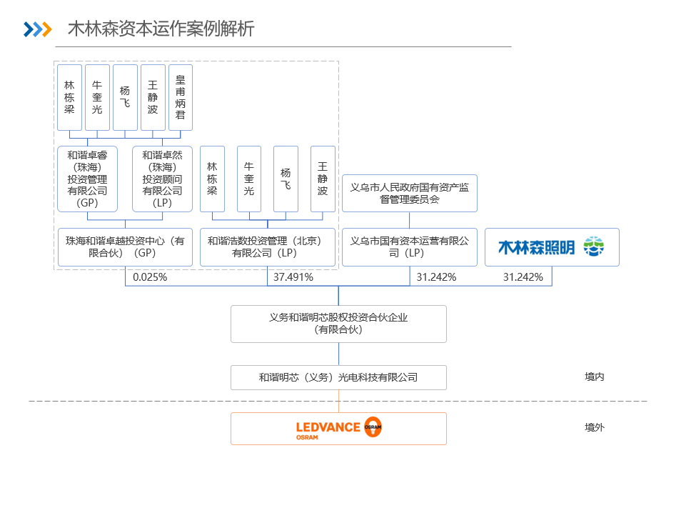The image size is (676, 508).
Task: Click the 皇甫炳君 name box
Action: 180,98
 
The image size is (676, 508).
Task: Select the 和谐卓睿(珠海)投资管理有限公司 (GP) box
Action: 88,179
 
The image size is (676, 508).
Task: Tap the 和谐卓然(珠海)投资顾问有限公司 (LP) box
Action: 162,179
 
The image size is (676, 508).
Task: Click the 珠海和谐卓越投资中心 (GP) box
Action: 125,247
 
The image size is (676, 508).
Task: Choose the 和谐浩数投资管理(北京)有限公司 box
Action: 267,247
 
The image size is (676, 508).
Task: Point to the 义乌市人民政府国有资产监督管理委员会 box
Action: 410,194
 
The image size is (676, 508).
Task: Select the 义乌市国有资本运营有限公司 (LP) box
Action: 410,247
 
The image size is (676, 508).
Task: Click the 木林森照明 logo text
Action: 536,247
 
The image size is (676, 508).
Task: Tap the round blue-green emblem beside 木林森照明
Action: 594,246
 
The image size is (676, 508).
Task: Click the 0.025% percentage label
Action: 150,277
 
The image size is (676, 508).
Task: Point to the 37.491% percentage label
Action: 293,277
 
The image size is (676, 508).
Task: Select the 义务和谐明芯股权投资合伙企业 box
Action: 338,324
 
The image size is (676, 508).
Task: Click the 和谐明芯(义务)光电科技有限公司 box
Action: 338,378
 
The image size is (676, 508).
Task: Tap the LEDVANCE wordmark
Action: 328,427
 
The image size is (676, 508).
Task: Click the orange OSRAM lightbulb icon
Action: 373,427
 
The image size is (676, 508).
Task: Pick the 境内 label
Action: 595,377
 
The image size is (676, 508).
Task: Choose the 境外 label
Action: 595,427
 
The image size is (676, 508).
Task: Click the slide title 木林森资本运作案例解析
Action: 161,29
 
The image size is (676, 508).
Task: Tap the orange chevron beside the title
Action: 46,29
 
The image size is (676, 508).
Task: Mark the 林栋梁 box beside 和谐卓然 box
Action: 212,179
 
